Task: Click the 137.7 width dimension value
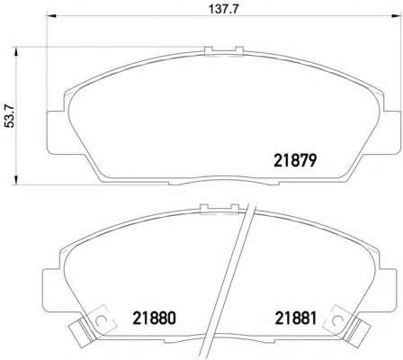click(x=223, y=9)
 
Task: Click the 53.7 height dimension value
click(x=11, y=116)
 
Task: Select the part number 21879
click(x=295, y=161)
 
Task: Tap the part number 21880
click(x=154, y=319)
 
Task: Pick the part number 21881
click(x=296, y=319)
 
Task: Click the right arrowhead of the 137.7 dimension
click(x=396, y=16)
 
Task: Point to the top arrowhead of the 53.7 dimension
click(x=16, y=51)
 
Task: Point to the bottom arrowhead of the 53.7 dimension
click(x=16, y=180)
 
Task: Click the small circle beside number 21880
click(x=100, y=320)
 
